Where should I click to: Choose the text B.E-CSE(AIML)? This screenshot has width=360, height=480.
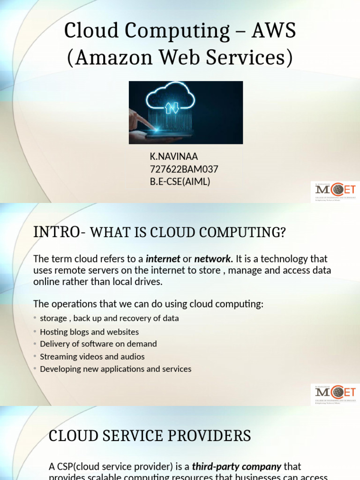(180, 181)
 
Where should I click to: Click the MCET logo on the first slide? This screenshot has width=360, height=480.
(335, 191)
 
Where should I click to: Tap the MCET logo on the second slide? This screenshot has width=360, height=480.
(335, 394)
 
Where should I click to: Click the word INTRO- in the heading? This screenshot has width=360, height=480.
(59, 232)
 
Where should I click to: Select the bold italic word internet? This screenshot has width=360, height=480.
(163, 259)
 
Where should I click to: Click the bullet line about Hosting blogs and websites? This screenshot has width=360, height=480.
(89, 332)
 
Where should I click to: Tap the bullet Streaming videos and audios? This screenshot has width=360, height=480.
(92, 357)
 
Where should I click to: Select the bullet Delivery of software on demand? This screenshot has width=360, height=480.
(98, 344)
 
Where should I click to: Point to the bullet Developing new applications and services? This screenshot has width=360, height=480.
(115, 369)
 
